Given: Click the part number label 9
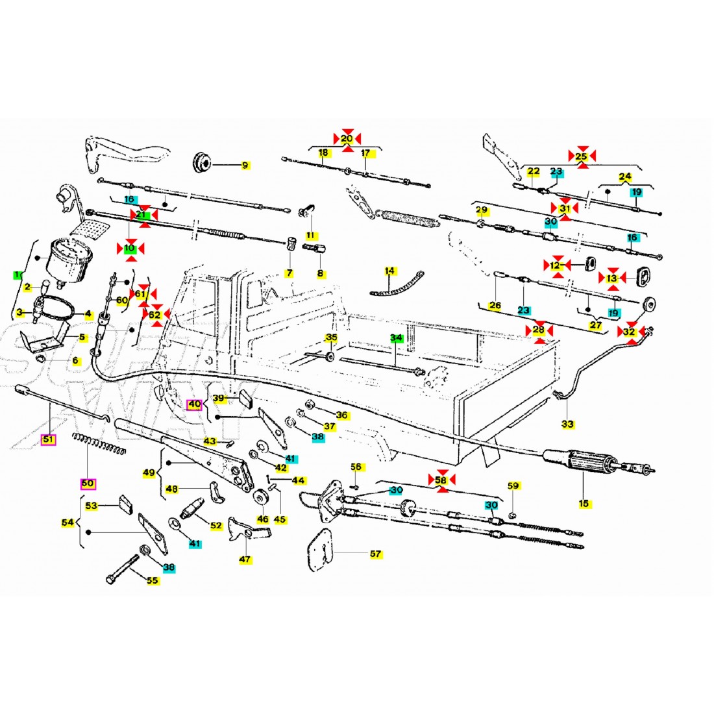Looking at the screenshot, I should click(x=245, y=166).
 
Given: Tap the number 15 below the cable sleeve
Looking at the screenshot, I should click(x=584, y=503).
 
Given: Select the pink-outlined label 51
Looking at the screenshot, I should click(x=48, y=439).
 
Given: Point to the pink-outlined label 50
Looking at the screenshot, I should click(x=87, y=484).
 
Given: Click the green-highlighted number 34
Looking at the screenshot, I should click(x=396, y=338).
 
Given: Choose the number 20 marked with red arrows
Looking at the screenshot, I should click(x=347, y=138).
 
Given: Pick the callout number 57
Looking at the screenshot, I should click(x=375, y=554).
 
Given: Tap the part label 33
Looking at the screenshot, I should click(x=567, y=424).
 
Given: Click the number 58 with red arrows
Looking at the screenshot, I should click(x=441, y=480).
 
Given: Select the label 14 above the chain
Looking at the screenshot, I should click(x=389, y=270).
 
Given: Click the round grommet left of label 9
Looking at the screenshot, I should click(x=203, y=162).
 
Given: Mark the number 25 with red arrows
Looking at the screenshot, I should click(x=582, y=156).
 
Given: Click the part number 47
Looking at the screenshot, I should click(x=245, y=559).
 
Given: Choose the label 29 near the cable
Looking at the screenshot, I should click(x=481, y=210).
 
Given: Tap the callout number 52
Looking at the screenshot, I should click(x=215, y=525).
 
